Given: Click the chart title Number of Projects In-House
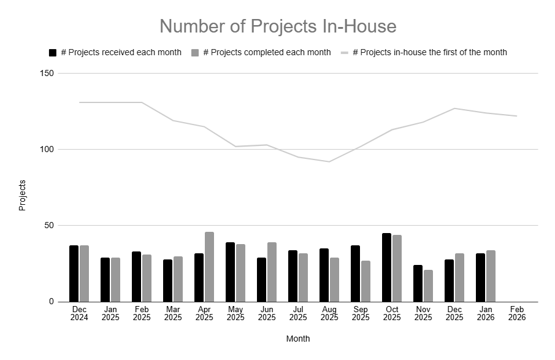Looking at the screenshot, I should [278, 26].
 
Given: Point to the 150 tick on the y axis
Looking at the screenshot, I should [47, 74].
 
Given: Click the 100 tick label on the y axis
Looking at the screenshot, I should [47, 150].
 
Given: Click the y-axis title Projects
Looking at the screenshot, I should [22, 195].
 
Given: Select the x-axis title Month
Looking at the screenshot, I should [298, 339].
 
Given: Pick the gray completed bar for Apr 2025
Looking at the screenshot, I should [210, 267].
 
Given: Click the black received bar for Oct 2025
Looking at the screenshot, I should [387, 267].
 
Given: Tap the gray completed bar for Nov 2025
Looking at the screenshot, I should [428, 286].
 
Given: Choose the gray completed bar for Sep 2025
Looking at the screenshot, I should [366, 281].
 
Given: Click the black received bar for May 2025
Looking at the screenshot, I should [231, 272].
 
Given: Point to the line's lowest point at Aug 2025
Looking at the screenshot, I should [329, 162].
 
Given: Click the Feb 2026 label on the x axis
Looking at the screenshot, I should [516, 313].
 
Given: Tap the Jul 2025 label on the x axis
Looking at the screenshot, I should [298, 313].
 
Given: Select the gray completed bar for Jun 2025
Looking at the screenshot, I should [272, 272].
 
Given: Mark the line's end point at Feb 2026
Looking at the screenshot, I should [516, 116].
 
